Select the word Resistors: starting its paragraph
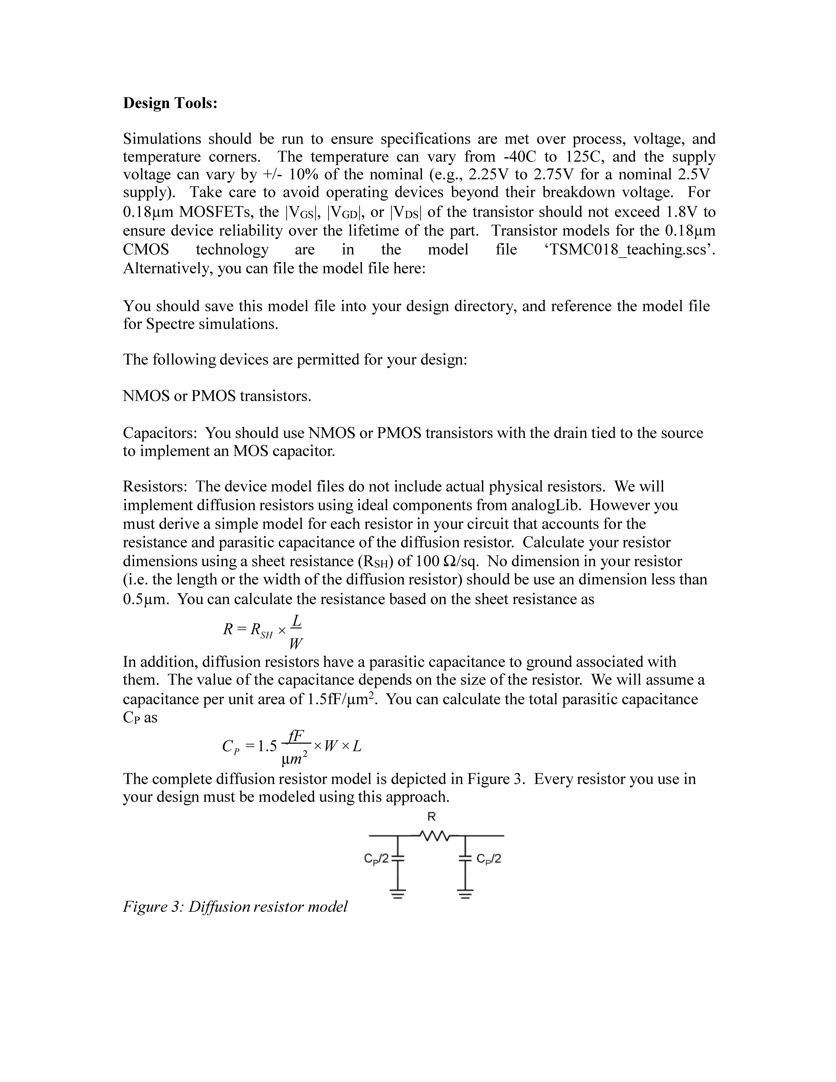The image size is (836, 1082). [154, 487]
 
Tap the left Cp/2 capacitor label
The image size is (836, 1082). [376, 859]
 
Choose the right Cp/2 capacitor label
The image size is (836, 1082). [489, 859]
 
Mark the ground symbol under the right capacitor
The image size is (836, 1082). [465, 893]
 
